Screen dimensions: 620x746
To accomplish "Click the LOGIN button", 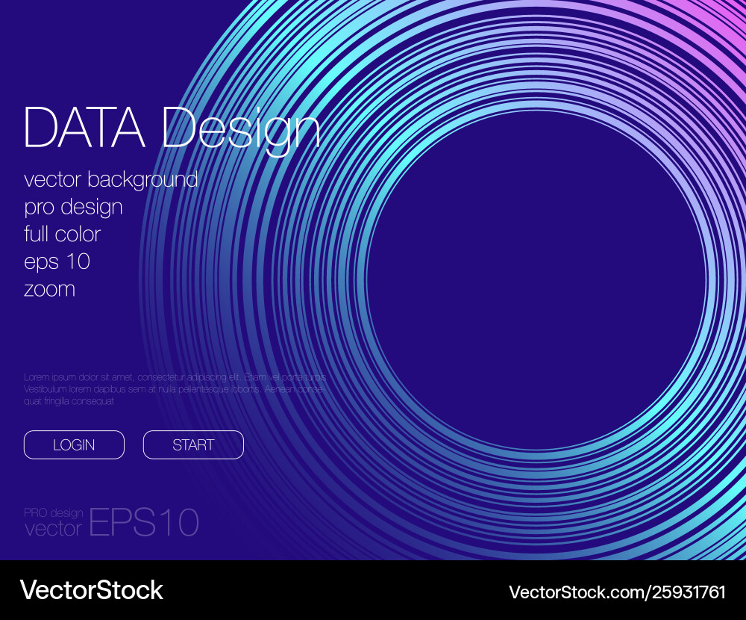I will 74,444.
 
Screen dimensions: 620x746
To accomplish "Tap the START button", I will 193,444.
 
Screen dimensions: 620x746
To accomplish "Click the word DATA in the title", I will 84,128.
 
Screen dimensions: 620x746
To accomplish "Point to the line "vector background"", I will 110,180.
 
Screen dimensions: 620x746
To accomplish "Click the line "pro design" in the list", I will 73,207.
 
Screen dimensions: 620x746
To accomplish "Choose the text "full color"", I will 62,234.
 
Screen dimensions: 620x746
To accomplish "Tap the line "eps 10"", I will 57,262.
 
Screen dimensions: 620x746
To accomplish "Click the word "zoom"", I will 49,289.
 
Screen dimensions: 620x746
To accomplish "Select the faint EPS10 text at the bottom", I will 144,522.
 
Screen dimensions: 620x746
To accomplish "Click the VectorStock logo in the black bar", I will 91,590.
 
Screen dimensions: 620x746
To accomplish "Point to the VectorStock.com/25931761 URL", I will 617,592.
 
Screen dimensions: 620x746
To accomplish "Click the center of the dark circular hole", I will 536,280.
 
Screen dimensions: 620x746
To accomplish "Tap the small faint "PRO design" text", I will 54,512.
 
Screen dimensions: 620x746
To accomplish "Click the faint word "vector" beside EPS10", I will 53,529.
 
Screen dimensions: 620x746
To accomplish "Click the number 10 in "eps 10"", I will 78,262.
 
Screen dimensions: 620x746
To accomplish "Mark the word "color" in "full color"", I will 78,234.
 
